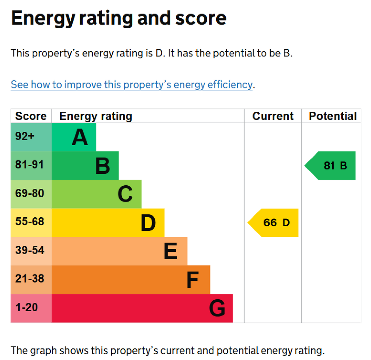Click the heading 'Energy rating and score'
coord(119,18)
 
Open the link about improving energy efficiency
coord(132,85)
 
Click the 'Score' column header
coord(31,116)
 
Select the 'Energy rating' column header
coord(96,116)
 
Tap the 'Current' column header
coord(273,116)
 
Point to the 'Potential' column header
coord(332,116)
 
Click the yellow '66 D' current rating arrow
coord(274,223)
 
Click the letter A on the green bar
coord(80,138)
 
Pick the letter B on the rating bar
coord(103,166)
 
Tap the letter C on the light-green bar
coord(125,194)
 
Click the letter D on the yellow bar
coord(148,223)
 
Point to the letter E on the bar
coord(171,251)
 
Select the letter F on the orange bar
coord(192,280)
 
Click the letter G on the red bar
coord(217,309)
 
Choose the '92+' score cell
coord(25,137)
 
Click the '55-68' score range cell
coord(30,222)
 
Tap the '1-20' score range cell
coord(26,307)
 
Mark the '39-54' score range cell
coord(30,250)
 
